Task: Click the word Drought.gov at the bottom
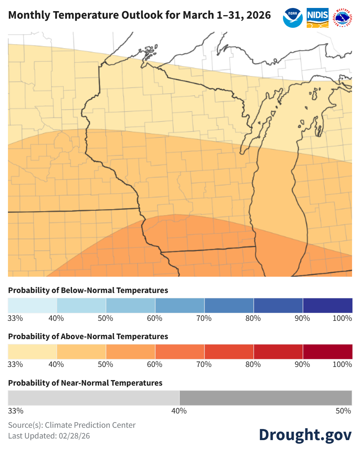305,435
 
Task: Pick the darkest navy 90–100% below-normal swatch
327,305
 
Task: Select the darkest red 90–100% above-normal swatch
327,352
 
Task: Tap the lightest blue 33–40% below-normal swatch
32,305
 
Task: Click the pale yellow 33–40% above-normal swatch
32,352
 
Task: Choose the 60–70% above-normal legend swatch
180,352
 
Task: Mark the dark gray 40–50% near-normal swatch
266,398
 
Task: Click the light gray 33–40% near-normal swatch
93,398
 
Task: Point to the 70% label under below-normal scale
204,318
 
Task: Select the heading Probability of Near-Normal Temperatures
85,383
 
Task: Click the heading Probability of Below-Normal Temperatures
88,290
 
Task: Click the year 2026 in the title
259,16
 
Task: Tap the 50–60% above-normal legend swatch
130,352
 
